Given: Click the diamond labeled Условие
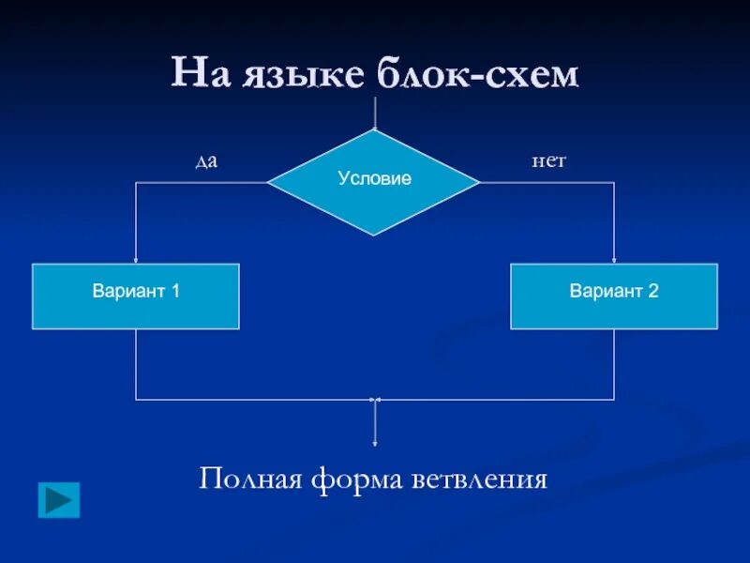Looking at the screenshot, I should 374,181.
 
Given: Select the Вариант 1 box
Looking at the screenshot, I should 136,296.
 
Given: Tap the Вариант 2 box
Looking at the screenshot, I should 614,296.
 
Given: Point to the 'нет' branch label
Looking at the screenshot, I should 548,161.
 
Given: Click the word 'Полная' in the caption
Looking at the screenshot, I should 249,479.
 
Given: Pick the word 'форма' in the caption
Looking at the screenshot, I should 355,480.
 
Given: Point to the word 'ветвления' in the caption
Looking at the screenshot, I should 479,479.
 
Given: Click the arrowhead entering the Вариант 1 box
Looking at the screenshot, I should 136,260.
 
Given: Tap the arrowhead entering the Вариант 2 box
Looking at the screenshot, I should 614,260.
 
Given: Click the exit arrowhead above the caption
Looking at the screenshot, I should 375,441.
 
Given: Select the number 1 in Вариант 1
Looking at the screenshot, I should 175,291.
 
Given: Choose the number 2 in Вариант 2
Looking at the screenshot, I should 653,291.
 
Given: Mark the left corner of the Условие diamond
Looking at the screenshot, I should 270,182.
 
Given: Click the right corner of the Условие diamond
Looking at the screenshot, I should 478,182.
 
